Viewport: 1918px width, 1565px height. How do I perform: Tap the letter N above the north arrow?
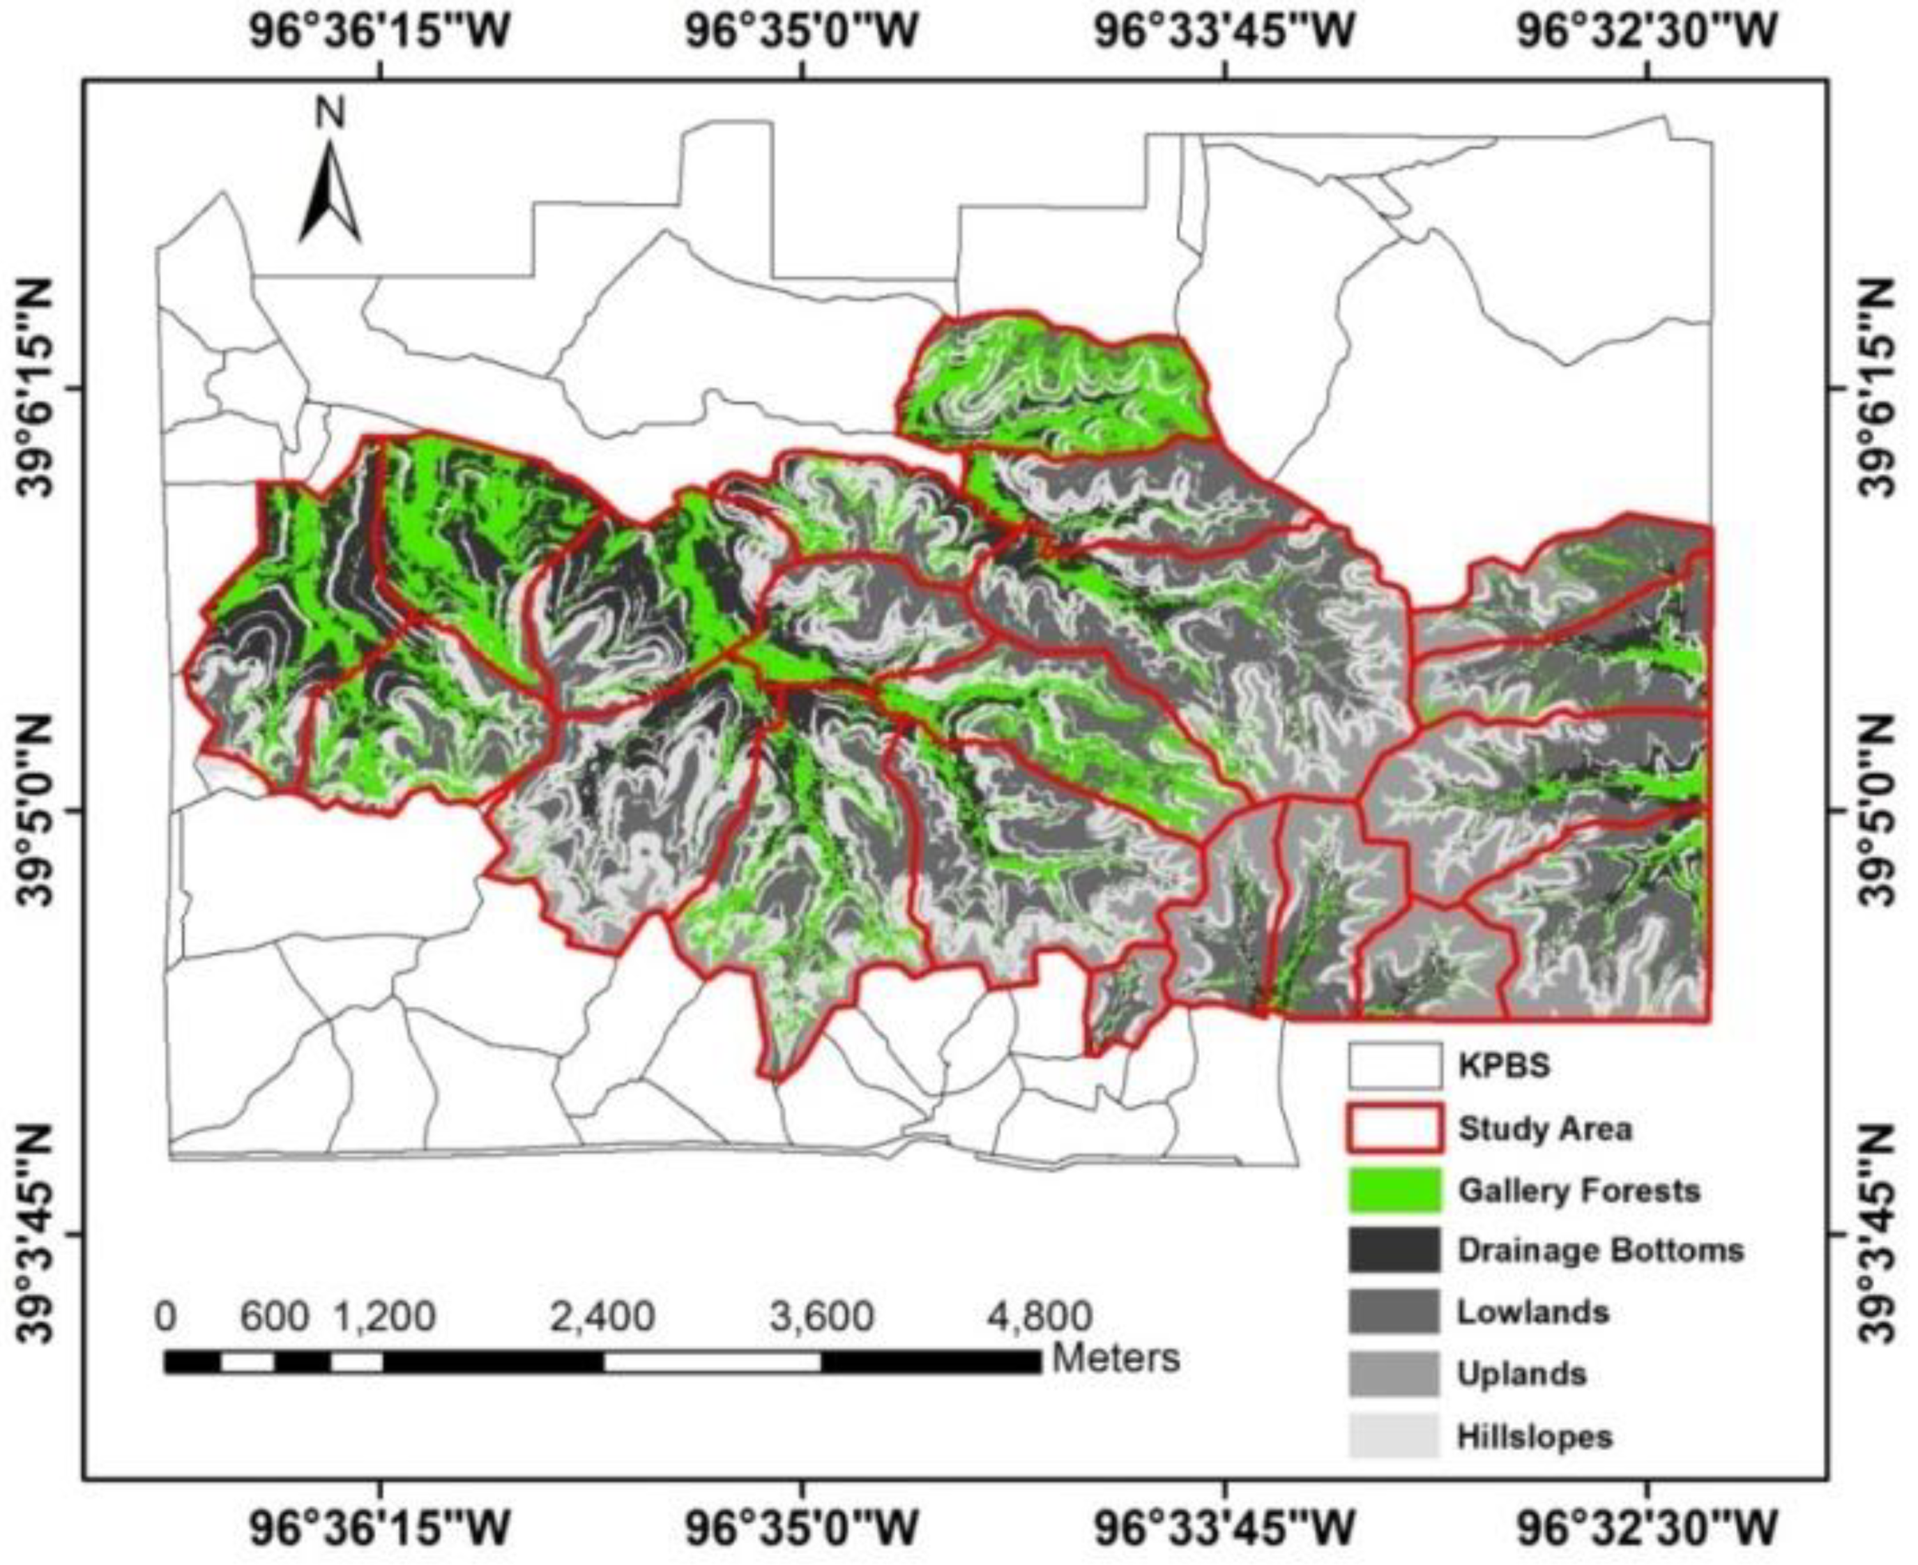(330, 114)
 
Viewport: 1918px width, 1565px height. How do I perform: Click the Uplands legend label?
(1521, 1374)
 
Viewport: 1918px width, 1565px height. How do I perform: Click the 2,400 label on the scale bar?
(603, 1317)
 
